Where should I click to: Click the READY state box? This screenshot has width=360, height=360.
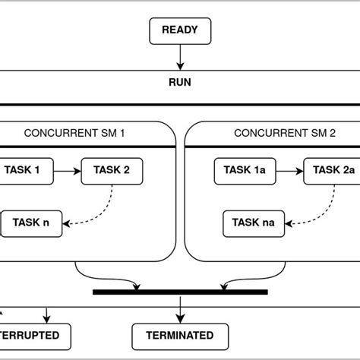[180, 32]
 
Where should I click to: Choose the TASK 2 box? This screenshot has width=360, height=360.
[111, 171]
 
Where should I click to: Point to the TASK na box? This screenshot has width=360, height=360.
[253, 223]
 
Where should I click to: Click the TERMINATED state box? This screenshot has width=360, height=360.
[180, 335]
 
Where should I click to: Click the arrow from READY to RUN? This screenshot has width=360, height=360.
[180, 57]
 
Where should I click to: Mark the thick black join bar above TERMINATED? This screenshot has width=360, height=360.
[180, 292]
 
